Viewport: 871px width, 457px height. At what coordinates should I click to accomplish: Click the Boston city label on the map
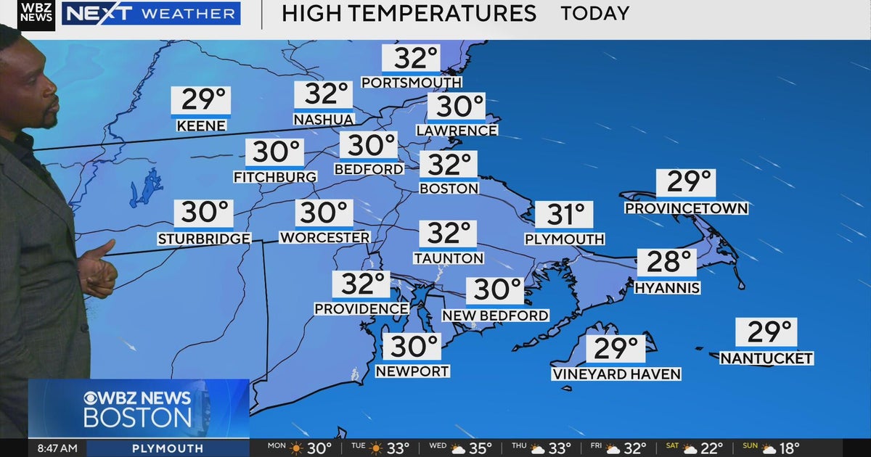[x=449, y=189]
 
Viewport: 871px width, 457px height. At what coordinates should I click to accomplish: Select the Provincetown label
[x=686, y=209]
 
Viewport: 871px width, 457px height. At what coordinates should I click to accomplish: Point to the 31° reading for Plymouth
[x=565, y=215]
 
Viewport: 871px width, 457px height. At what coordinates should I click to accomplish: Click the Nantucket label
[x=766, y=358]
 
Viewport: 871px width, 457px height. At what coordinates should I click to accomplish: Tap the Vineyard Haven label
[x=616, y=374]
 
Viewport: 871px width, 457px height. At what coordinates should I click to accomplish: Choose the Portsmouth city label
[x=411, y=83]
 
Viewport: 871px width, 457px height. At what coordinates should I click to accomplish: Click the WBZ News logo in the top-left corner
[x=36, y=15]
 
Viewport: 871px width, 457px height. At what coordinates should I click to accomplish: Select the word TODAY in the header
[x=594, y=13]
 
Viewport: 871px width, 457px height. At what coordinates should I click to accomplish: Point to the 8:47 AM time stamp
[x=57, y=448]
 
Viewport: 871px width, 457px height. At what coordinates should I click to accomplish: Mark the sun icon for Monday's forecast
[x=296, y=448]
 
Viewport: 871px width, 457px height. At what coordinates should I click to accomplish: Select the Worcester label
[x=324, y=238]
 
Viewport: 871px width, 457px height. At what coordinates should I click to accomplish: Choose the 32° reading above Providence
[x=361, y=285]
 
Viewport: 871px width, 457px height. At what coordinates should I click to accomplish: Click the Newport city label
[x=412, y=371]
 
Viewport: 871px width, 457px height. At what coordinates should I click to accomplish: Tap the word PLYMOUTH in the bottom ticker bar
[x=167, y=448]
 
